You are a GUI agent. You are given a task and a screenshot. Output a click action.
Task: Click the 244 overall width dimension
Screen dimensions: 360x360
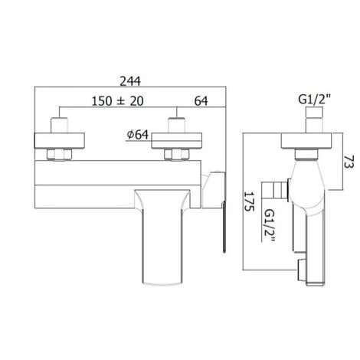[x=130, y=81]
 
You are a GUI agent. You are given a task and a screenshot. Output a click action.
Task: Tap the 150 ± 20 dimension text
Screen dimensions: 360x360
[x=118, y=101]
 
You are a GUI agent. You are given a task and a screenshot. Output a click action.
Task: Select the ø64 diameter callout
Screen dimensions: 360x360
[x=138, y=135]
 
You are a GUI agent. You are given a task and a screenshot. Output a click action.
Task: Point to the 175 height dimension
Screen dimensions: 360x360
[x=250, y=201]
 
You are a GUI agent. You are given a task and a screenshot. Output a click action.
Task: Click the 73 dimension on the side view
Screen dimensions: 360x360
[x=349, y=162]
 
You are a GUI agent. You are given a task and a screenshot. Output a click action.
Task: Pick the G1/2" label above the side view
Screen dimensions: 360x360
[x=315, y=100]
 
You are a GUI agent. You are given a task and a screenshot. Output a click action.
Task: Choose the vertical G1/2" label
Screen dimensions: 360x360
[x=270, y=225]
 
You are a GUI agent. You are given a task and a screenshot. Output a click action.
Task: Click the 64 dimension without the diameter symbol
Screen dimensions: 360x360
[x=201, y=101]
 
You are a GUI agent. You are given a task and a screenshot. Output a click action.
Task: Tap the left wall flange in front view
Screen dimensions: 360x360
[x=59, y=140]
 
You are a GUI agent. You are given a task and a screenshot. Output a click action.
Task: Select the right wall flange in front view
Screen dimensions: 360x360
[x=177, y=140]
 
